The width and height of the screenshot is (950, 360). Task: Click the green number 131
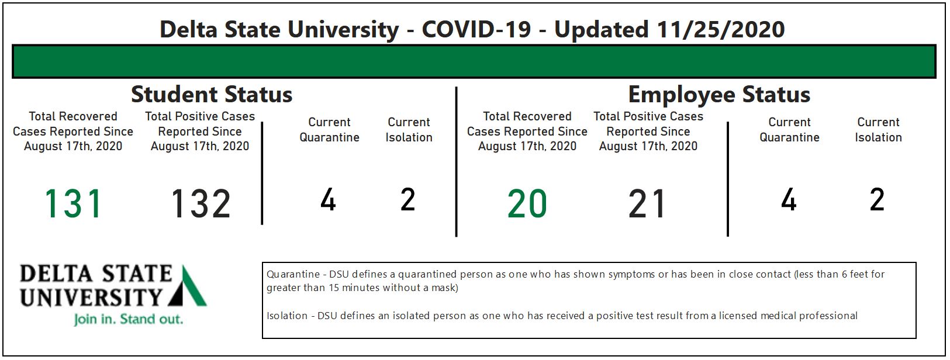(73, 204)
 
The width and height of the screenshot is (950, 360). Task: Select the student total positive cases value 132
(201, 204)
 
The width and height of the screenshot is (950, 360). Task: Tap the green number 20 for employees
(527, 204)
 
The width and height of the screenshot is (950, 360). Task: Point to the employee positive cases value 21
(647, 204)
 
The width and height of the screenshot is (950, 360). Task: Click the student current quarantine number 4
(328, 199)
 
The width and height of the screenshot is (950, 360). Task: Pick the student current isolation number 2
(408, 199)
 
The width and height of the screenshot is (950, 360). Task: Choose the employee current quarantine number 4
(789, 199)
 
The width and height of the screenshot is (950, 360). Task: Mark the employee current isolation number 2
(877, 199)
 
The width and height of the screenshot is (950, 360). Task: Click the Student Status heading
(212, 94)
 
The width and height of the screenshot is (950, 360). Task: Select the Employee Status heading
(719, 95)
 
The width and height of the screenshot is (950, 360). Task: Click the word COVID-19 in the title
(476, 30)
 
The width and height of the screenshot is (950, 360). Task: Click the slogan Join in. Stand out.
(128, 319)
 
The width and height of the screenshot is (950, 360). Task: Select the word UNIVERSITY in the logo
(91, 297)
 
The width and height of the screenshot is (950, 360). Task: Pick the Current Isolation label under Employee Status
(878, 130)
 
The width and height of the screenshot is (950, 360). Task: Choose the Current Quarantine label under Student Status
(330, 130)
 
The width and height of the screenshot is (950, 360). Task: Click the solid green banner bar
(474, 61)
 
